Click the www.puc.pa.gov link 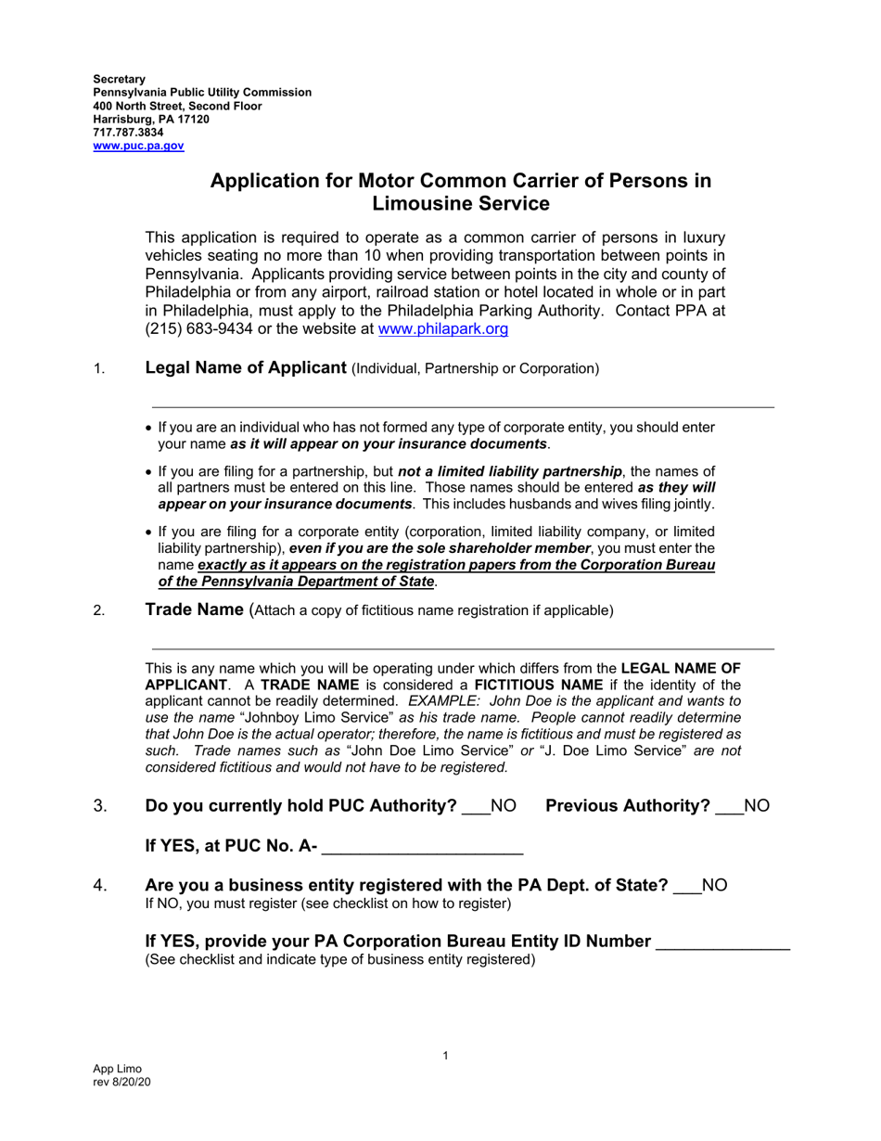(x=138, y=146)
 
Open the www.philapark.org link (x=443, y=328)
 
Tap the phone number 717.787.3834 (x=128, y=133)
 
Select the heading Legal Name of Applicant (x=246, y=367)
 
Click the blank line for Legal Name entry (x=463, y=405)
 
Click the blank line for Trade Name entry (x=463, y=647)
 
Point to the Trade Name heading (x=194, y=609)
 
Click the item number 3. (x=101, y=806)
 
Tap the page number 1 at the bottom (x=445, y=1056)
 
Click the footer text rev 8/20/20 (x=121, y=1083)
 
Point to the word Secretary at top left (x=119, y=80)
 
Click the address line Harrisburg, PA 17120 (x=151, y=120)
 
